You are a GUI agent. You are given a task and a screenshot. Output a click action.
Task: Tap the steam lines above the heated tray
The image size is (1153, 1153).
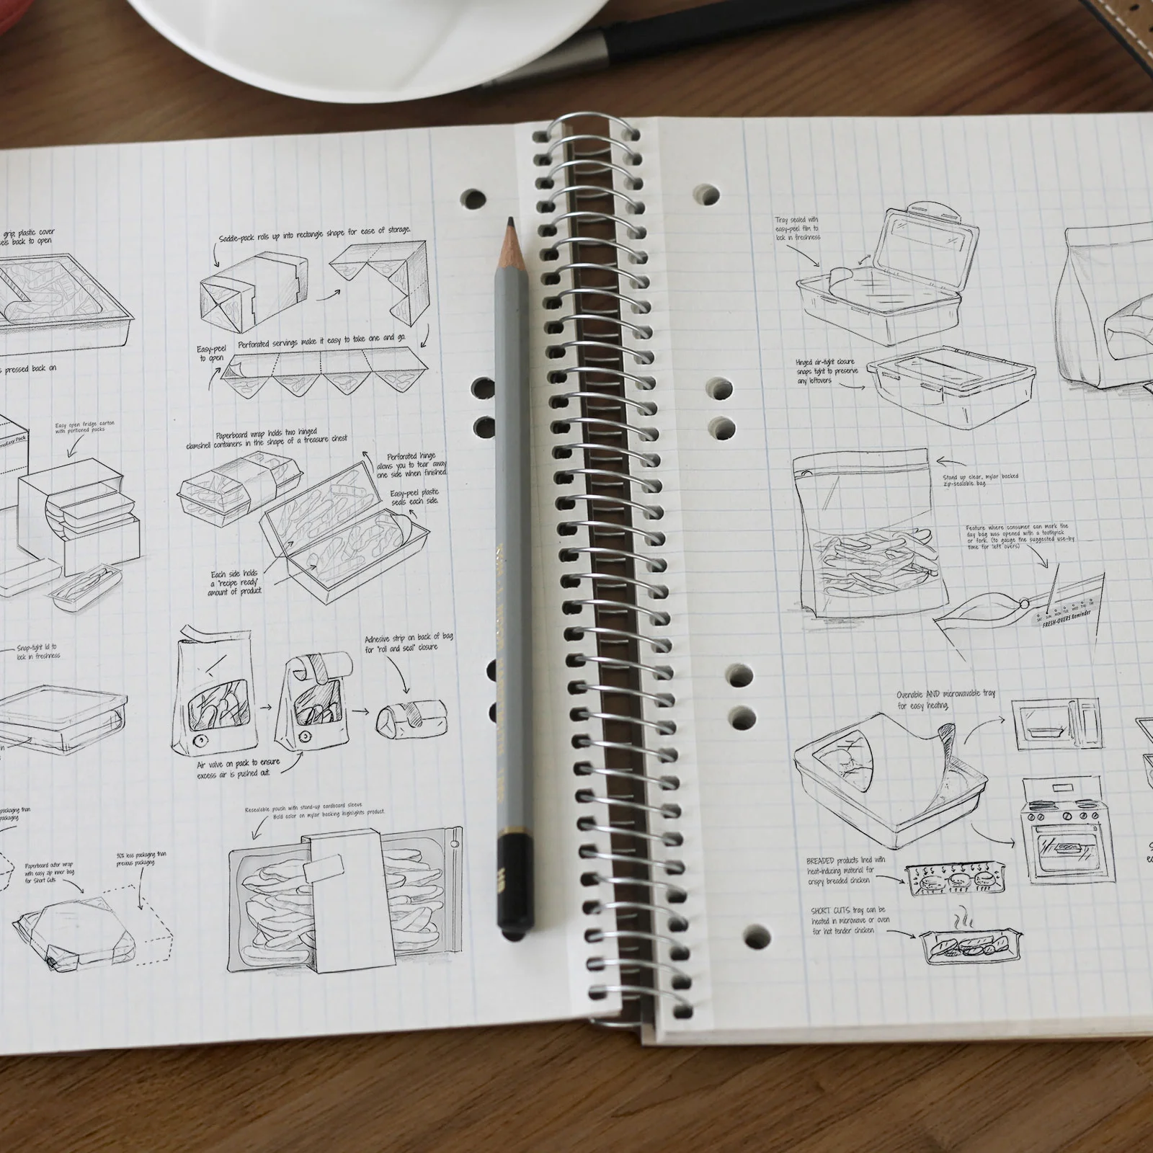(963, 922)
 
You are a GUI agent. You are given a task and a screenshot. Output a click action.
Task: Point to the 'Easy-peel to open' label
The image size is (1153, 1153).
(211, 353)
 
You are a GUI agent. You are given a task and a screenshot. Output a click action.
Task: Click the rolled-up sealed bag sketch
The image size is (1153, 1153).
(402, 716)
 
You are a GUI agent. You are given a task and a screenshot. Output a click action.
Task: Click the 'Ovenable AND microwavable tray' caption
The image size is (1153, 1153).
(945, 698)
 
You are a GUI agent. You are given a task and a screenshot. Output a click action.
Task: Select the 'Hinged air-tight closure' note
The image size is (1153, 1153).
(826, 371)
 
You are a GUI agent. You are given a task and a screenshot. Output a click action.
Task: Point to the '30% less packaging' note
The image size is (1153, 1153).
(141, 859)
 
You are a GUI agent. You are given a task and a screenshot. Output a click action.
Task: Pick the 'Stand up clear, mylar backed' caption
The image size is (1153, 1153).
(980, 479)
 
